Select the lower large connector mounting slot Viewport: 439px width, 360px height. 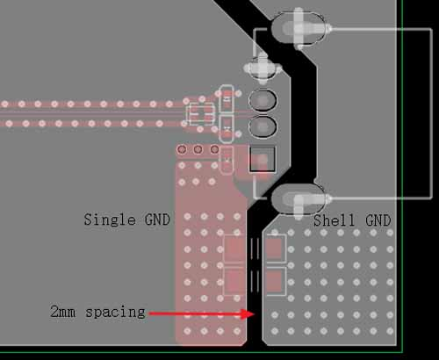point(299,198)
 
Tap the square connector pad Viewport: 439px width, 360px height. point(263,160)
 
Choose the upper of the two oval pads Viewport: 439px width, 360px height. point(263,100)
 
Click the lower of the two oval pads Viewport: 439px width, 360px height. point(263,127)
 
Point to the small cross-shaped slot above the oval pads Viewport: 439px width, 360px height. point(263,68)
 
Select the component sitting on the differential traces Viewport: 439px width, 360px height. point(201,112)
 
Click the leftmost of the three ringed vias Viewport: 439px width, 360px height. point(183,150)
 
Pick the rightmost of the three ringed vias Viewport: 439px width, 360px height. point(213,150)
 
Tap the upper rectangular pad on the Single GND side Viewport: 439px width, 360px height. point(234,249)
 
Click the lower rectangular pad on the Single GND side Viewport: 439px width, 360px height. point(234,281)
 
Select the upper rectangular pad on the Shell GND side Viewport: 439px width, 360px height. point(275,249)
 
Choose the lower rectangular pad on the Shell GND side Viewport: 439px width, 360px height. point(275,281)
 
